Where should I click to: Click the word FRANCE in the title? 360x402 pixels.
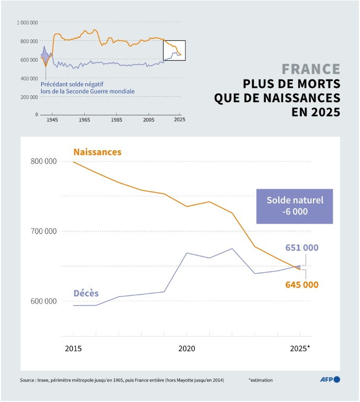(311, 69)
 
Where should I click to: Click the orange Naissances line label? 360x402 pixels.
(97, 152)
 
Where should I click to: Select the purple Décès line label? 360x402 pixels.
(86, 293)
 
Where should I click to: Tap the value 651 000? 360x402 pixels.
(302, 248)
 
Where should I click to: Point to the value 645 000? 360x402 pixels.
(302, 285)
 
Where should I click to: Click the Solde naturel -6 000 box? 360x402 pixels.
(295, 206)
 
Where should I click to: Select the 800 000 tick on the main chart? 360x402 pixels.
(43, 161)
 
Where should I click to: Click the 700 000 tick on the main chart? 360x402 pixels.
(43, 231)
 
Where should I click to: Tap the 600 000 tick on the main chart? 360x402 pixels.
(43, 301)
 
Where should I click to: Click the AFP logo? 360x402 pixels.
(330, 379)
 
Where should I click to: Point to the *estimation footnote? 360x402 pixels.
(261, 380)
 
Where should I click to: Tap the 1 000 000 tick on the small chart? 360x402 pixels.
(27, 23)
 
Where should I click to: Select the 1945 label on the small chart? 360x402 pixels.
(52, 120)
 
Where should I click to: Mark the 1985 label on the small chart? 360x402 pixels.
(116, 120)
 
